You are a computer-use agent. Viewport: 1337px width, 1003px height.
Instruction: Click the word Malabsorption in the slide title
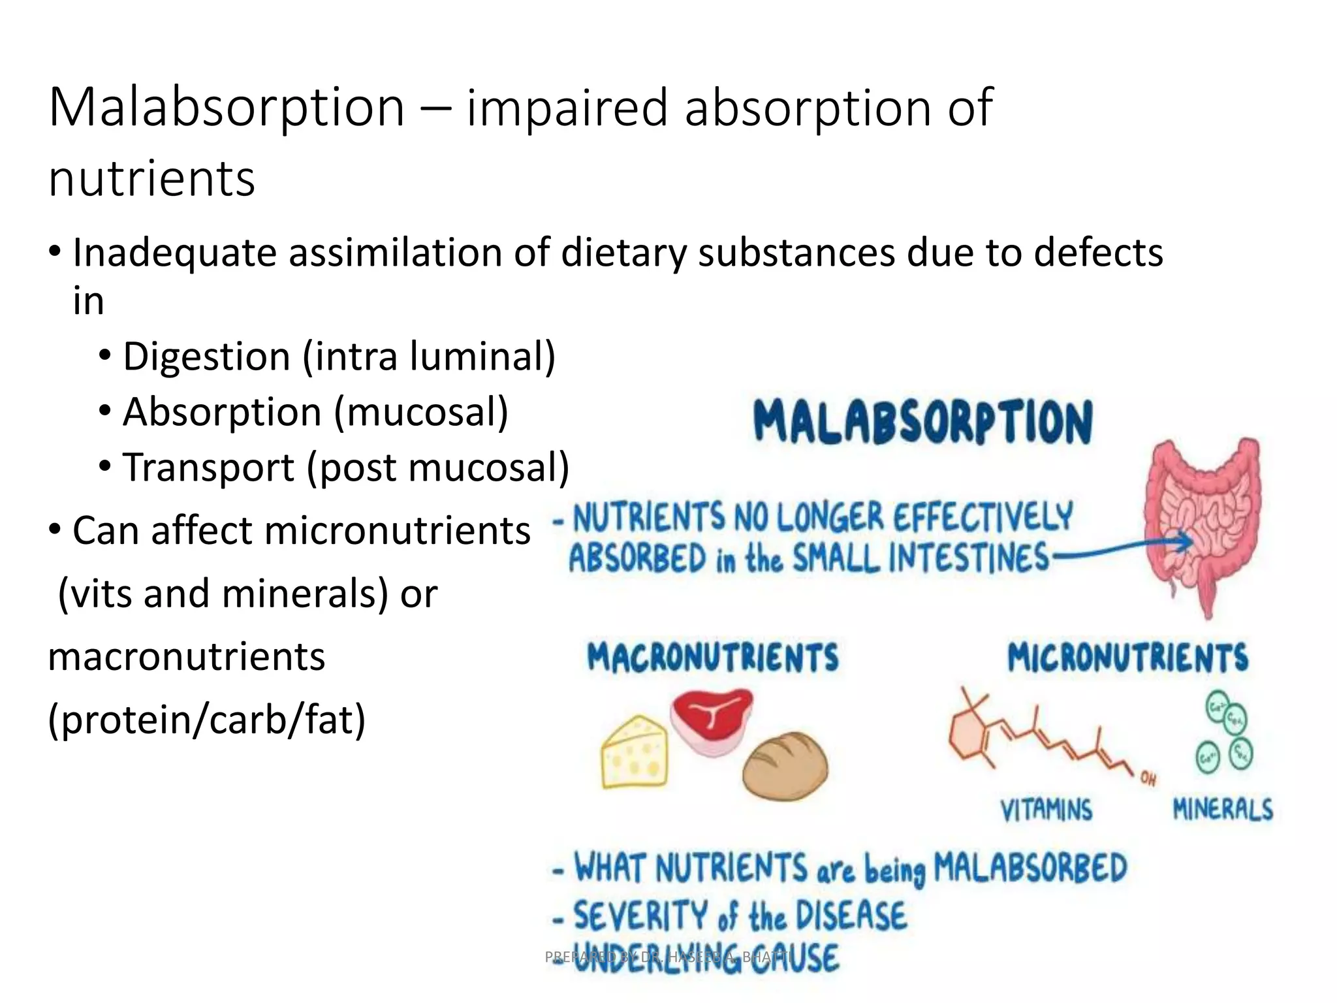(x=227, y=108)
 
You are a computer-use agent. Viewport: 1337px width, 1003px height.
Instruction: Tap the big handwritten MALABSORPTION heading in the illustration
(x=923, y=422)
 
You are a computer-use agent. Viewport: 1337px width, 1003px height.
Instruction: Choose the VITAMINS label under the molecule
(x=1046, y=810)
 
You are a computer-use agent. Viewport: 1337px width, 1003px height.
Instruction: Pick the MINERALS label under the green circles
(x=1223, y=809)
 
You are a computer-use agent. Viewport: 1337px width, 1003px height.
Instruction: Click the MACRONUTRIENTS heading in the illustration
(x=713, y=657)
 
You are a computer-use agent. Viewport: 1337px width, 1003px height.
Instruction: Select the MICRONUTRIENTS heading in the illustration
(x=1127, y=657)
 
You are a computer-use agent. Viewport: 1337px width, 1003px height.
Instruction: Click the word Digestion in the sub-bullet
(x=206, y=357)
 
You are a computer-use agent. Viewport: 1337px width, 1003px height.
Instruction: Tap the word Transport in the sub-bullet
(x=209, y=468)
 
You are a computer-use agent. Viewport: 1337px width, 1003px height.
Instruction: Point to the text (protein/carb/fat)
(x=207, y=720)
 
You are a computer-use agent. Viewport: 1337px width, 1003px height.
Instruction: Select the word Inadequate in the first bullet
(x=174, y=253)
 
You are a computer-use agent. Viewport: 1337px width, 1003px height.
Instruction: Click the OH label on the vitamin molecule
(x=1148, y=778)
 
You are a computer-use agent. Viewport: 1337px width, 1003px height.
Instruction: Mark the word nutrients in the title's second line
(x=151, y=178)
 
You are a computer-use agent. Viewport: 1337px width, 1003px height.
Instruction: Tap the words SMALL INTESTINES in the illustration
(x=920, y=559)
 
